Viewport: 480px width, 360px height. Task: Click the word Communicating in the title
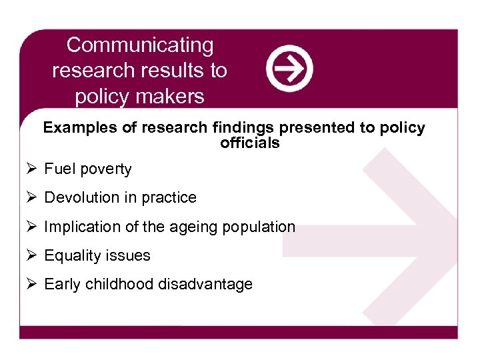click(x=140, y=45)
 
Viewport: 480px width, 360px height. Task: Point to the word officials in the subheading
click(x=250, y=143)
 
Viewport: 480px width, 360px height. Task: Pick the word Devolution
click(x=81, y=198)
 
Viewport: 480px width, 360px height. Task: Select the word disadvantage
click(x=205, y=285)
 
